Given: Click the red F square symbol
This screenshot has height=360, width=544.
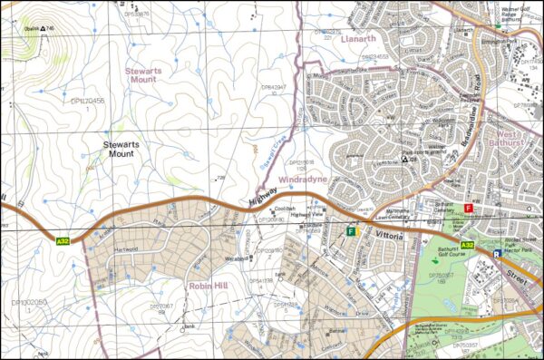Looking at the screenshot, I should [469, 209].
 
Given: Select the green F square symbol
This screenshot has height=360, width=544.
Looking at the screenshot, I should [350, 232].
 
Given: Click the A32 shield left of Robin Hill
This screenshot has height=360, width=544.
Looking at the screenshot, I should [63, 241].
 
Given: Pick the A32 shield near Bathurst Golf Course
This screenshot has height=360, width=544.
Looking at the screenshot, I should [467, 246].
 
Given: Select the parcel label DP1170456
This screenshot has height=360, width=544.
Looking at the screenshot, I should [88, 102].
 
